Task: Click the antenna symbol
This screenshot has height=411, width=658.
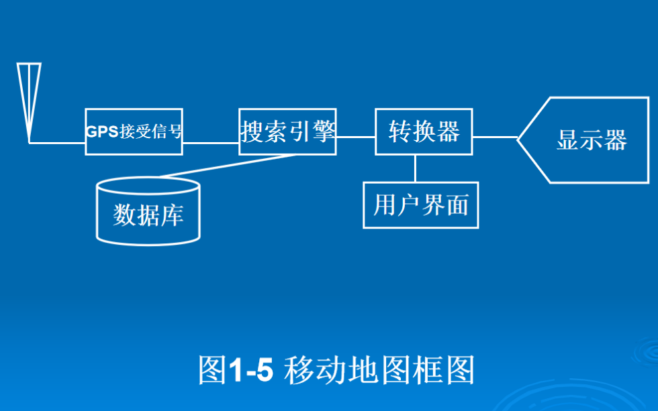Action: (29, 101)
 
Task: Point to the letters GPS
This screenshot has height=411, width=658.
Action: (102, 131)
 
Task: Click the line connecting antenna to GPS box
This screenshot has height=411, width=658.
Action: (57, 143)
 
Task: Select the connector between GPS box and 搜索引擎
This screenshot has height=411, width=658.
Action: (211, 143)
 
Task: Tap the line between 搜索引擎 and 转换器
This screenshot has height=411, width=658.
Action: (356, 137)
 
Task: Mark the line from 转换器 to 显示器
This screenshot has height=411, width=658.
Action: (496, 137)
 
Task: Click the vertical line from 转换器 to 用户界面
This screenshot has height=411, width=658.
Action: (415, 168)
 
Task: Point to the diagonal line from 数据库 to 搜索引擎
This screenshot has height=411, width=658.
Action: (228, 166)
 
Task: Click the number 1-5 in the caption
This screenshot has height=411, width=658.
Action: (251, 369)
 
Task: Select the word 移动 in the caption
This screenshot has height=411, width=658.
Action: (315, 369)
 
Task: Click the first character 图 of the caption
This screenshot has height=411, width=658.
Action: (213, 369)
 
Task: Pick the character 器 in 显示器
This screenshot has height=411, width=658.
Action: (616, 140)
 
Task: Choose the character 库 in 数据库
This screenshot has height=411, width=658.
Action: (172, 215)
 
